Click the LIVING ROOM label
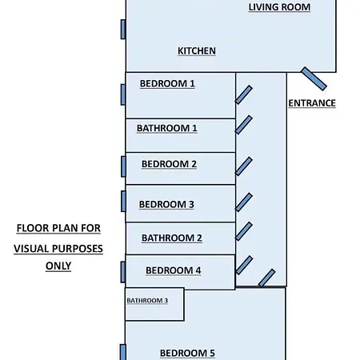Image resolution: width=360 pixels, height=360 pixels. click(279, 7)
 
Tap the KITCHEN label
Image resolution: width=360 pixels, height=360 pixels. click(197, 51)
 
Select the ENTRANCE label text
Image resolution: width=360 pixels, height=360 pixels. click(312, 103)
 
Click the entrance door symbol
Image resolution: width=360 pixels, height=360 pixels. click(314, 79)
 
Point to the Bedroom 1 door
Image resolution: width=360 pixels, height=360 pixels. click(244, 94)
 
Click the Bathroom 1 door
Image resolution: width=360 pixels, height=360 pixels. click(244, 125)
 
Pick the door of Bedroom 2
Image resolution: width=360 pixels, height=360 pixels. click(244, 166)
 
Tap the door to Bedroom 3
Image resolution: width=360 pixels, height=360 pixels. click(244, 202)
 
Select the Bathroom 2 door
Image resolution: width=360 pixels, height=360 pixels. click(244, 231)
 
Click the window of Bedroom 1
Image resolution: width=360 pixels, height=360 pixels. click(123, 94)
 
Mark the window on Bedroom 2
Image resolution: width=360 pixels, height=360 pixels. click(123, 166)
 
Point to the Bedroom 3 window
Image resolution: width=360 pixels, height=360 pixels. click(123, 202)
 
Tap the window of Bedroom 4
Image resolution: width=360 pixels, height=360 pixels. click(123, 272)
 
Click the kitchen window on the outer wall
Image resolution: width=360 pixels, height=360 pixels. click(123, 30)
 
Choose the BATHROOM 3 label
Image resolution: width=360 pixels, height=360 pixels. click(147, 301)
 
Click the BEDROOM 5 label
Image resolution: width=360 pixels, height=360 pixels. click(187, 354)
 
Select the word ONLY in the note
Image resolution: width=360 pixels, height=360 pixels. click(58, 266)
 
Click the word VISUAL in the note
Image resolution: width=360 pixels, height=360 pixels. click(31, 249)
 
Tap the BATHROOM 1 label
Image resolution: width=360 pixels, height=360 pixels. click(167, 128)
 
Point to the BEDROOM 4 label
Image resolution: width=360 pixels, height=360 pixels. click(173, 270)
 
